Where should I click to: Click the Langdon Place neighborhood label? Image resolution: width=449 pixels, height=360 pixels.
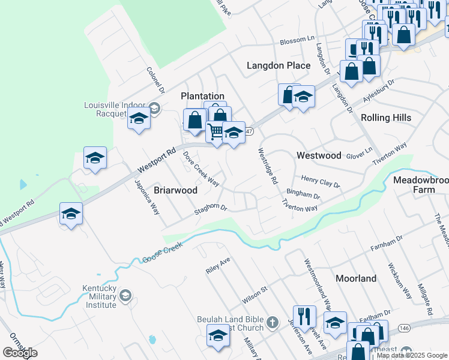click(279, 65)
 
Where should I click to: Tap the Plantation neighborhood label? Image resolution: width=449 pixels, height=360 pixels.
click(202, 96)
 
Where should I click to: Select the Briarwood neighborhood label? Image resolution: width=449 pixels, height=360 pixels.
click(176, 190)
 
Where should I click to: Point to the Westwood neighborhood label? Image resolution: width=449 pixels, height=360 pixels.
click(319, 155)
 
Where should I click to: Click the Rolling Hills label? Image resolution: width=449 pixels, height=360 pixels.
click(387, 118)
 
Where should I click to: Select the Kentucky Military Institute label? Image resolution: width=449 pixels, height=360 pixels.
click(99, 296)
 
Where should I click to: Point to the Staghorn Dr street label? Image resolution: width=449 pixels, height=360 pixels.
click(209, 209)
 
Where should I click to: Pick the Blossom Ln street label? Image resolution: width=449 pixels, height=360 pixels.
click(297, 42)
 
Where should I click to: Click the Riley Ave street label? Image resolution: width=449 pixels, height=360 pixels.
click(218, 266)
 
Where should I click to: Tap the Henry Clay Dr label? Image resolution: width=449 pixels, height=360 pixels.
click(320, 182)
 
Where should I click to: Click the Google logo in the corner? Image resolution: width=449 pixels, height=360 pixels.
click(20, 353)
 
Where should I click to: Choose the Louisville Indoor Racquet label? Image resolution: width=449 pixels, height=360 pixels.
click(115, 109)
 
